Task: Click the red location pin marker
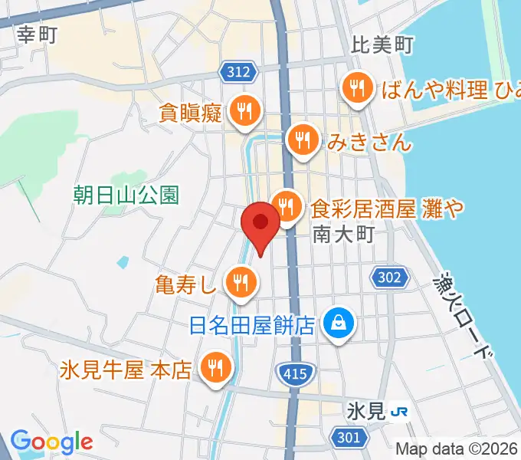tap(260, 224)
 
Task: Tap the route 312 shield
tap(239, 72)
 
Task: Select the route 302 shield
tap(388, 278)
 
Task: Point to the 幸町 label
tap(37, 34)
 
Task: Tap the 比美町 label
tap(382, 45)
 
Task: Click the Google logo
tap(51, 442)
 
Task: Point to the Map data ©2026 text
tap(457, 449)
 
